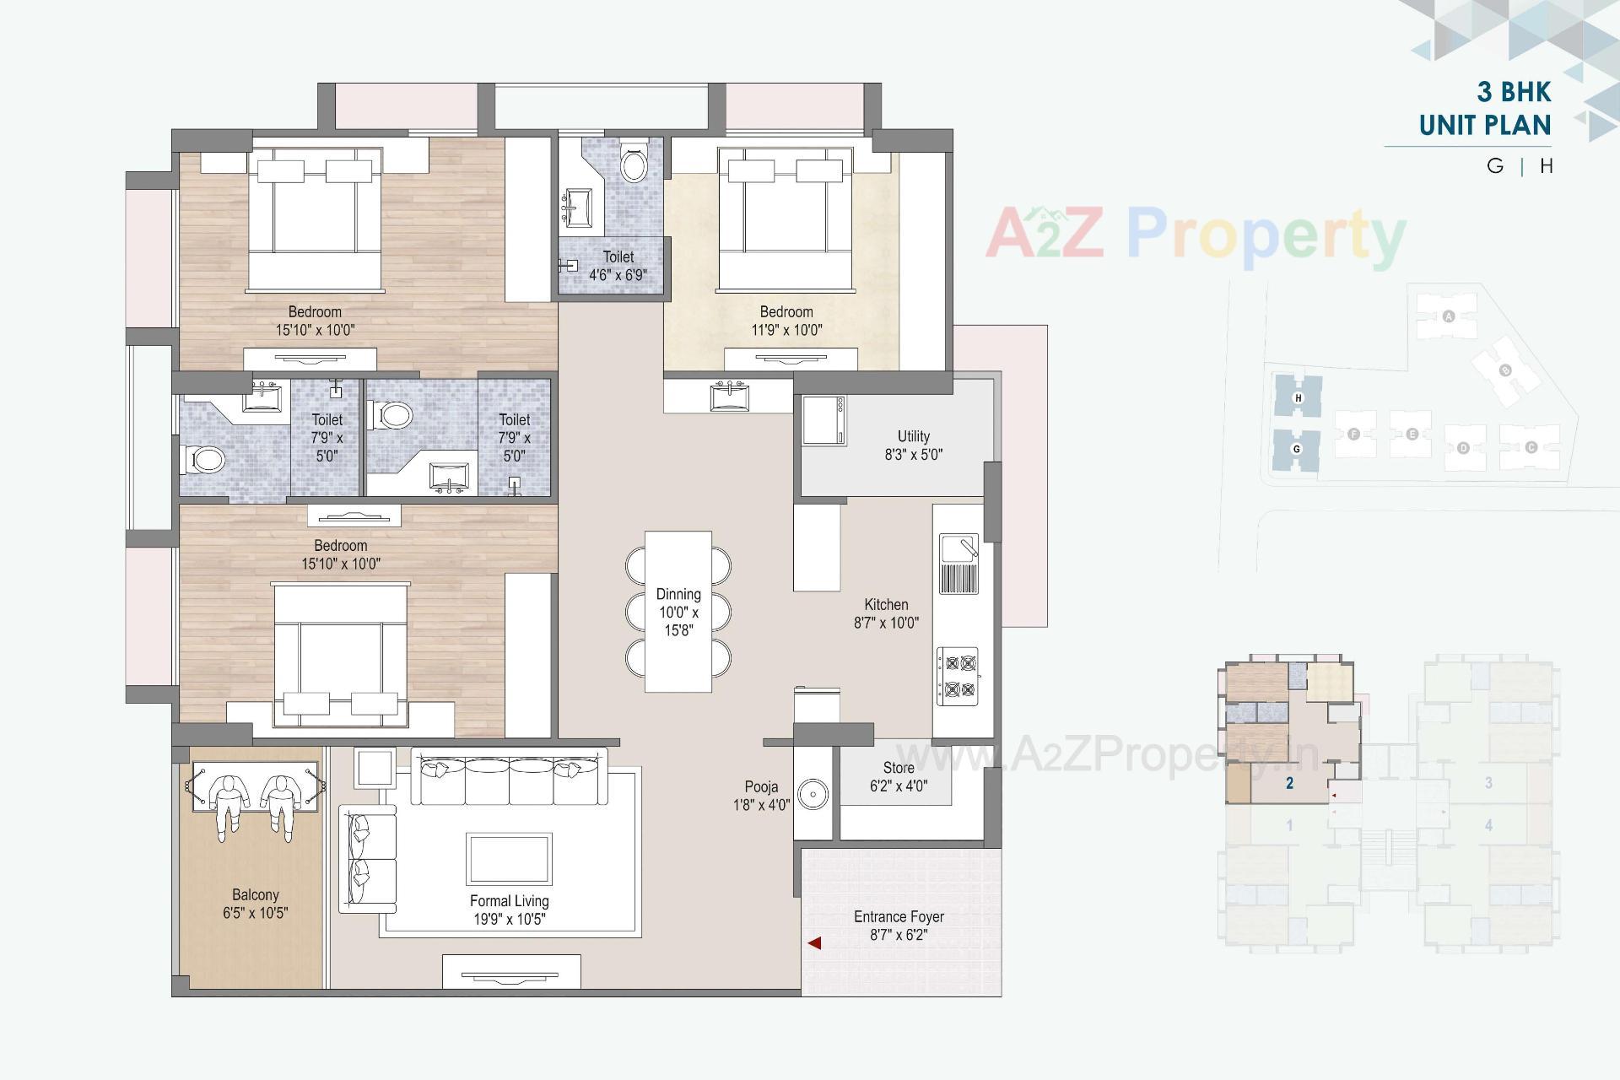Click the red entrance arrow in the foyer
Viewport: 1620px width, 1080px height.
pos(814,942)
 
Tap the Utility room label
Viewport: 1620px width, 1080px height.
pos(913,436)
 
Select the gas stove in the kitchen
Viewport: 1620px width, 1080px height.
pos(958,676)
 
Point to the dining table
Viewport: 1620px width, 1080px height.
pos(678,611)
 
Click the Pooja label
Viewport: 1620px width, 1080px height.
pos(761,787)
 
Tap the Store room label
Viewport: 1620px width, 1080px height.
pos(899,768)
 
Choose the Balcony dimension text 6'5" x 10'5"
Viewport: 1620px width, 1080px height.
pos(256,912)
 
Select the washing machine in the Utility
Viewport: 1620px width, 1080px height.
pos(823,419)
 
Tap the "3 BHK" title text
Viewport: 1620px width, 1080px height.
pos(1514,91)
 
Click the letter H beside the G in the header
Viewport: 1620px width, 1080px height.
pos(1547,166)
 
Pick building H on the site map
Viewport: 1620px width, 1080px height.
pos(1299,397)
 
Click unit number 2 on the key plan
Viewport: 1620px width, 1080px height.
pos(1289,783)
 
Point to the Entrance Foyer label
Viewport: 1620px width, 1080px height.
pos(899,916)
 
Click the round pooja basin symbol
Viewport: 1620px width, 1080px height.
pos(813,794)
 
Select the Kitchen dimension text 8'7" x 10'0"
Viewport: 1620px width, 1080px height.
pos(886,623)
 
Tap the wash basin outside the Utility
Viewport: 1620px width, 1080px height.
pos(727,395)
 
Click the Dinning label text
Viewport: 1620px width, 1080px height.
pos(678,594)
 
